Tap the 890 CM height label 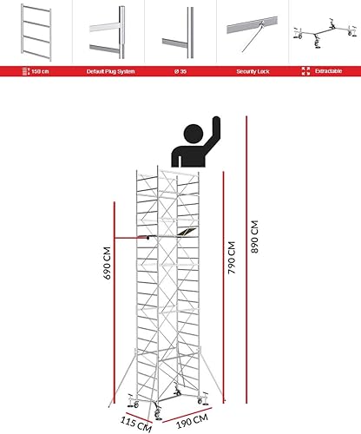[256, 247]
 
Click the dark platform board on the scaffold [185, 232]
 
